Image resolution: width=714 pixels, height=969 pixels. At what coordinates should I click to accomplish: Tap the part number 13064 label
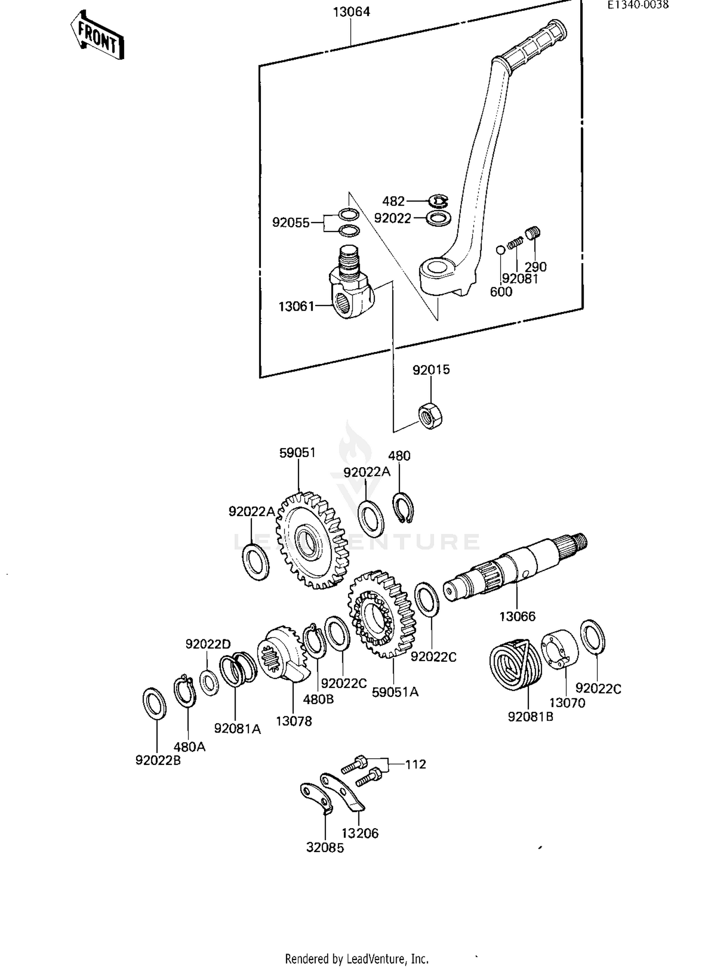351,12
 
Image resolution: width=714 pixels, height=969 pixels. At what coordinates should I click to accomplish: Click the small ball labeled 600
500,249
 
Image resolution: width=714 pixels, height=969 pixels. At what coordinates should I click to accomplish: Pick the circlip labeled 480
403,509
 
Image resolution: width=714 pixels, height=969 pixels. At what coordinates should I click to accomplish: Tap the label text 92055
290,222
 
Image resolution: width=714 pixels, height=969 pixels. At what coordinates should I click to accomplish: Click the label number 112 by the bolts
415,764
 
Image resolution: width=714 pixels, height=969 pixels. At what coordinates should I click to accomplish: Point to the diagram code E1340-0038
637,5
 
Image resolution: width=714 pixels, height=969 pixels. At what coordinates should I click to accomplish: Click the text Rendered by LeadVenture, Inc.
357,958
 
